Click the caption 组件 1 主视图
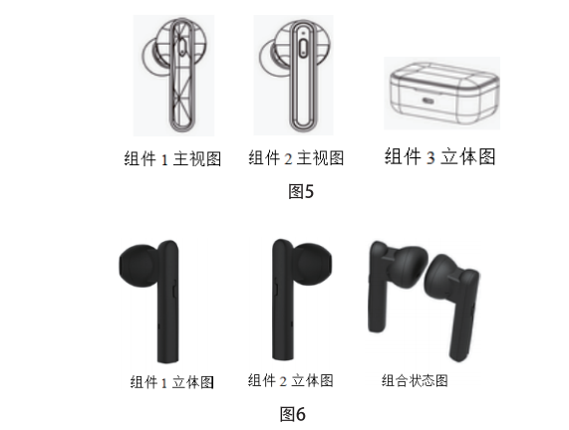click(x=172, y=159)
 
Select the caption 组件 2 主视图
click(x=296, y=157)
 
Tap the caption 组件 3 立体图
click(x=439, y=156)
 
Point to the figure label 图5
click(x=301, y=191)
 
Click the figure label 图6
click(x=293, y=414)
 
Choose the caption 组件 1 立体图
click(x=172, y=382)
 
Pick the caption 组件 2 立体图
click(x=290, y=380)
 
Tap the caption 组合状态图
click(x=415, y=380)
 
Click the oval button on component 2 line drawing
click(x=303, y=48)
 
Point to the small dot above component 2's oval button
click(x=303, y=34)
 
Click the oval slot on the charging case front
click(x=428, y=101)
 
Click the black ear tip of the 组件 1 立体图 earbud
click(x=139, y=266)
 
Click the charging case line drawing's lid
click(x=444, y=76)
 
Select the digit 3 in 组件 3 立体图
click(x=430, y=157)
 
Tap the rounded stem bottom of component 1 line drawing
click(x=182, y=125)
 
